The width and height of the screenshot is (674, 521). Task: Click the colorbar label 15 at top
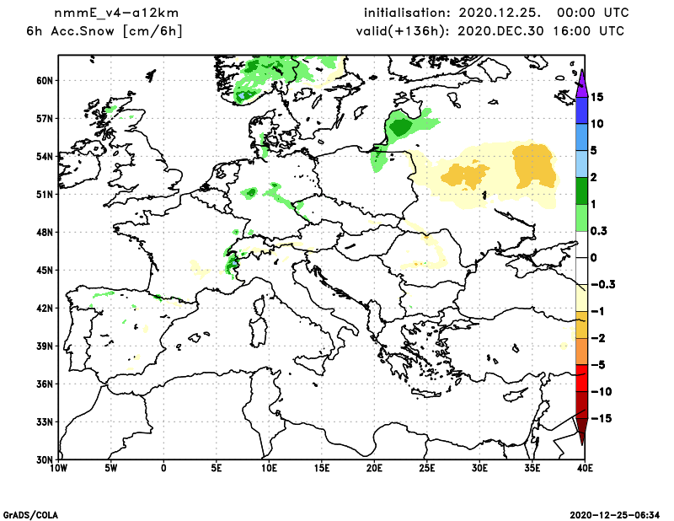(x=596, y=97)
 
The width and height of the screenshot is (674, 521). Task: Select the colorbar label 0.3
(x=599, y=231)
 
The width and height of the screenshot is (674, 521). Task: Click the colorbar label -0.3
(x=602, y=285)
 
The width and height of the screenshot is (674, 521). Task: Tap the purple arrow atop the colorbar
(x=581, y=81)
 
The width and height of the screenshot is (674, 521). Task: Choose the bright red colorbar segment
(x=581, y=379)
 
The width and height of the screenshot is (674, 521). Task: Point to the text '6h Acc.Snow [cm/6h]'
(x=105, y=31)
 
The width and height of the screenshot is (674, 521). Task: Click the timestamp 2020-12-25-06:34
(x=618, y=513)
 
